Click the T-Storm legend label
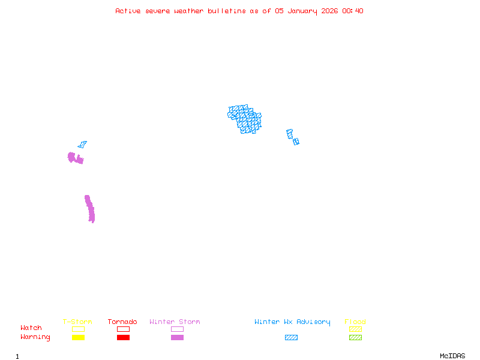coord(77,322)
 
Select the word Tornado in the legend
coord(122,322)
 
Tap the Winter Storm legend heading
coord(175,322)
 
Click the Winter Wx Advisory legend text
coord(292,322)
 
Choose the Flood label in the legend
coord(355,322)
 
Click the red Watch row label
coord(31,328)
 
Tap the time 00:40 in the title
coord(353,11)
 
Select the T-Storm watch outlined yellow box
coord(78,329)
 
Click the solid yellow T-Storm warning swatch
coord(78,337)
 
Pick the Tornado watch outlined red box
coord(123,329)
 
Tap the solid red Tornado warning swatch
coord(123,337)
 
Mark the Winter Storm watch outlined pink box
coord(177,329)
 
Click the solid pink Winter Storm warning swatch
coord(177,337)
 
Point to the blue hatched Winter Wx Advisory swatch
coord(291,337)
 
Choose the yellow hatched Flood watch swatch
coord(355,329)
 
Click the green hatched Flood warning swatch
coord(355,337)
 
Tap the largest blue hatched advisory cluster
coord(244,119)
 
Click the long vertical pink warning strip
coord(90,209)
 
